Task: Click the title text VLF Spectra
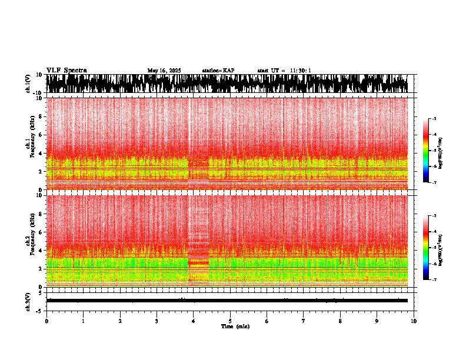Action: pos(66,70)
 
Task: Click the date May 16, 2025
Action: pos(164,71)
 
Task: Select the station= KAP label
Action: pos(218,71)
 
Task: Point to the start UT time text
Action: pos(284,71)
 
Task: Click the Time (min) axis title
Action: pos(235,326)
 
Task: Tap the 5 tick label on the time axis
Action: pos(230,321)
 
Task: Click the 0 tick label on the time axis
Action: pos(46,321)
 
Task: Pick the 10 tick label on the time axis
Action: pos(414,321)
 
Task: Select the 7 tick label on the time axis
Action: pos(304,321)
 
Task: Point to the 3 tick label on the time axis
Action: pos(157,321)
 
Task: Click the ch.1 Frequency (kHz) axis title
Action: pos(32,142)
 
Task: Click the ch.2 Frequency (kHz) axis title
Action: pos(32,239)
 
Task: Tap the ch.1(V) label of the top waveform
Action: pos(28,84)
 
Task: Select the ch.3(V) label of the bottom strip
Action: pos(28,299)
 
